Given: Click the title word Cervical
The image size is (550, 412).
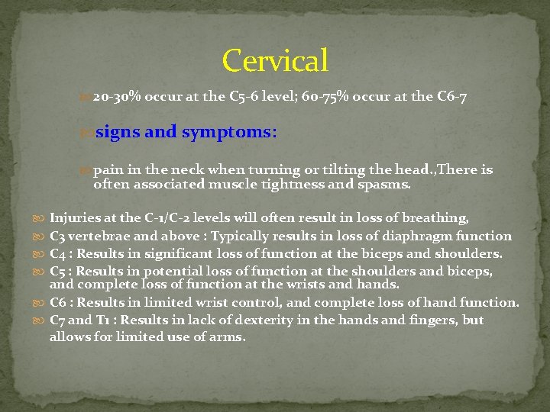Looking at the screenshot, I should coord(275,60).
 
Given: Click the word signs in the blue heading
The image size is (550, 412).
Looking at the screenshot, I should coord(117,132).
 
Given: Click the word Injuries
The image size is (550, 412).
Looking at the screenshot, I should coord(74,218).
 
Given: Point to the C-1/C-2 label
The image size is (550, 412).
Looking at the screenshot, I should coord(167,218).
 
